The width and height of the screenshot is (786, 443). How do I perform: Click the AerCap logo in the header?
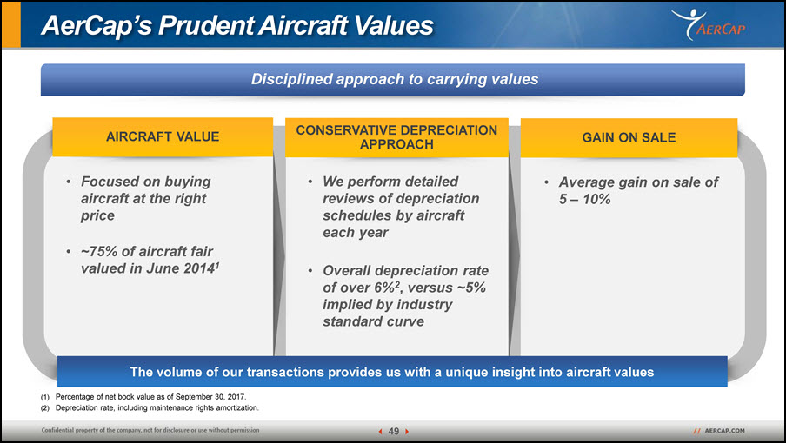(709, 24)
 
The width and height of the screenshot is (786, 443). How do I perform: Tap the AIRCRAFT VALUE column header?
(163, 136)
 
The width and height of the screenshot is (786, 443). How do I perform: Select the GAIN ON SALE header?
(629, 137)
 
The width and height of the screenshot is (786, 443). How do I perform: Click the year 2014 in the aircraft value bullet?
(198, 268)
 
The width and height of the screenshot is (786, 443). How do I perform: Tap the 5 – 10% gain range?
(584, 199)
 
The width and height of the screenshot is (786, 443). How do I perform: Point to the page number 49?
(394, 431)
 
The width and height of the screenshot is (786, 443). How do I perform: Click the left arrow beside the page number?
(380, 431)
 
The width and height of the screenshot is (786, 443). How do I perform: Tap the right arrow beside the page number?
(407, 431)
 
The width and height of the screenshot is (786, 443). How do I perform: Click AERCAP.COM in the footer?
(724, 431)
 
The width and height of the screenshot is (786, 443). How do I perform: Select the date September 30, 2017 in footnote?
(210, 397)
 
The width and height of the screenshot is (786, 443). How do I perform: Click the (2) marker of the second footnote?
(45, 408)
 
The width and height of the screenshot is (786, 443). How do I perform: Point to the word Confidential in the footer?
(57, 430)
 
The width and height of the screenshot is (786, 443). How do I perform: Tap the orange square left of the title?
(11, 24)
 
